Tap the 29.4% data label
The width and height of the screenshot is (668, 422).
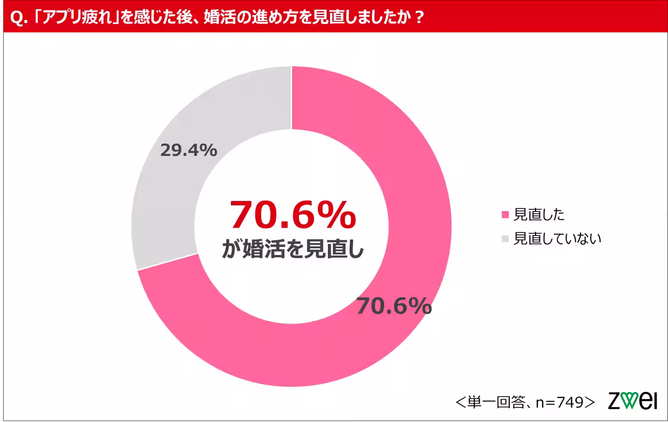coord(188,150)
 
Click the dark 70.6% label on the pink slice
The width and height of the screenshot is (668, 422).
coord(394,306)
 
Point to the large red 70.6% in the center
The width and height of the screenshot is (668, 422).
coord(292,214)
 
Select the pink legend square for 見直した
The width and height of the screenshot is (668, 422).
coord(505,214)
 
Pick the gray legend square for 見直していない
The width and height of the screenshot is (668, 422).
coord(505,239)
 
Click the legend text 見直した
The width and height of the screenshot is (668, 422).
coord(539,214)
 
